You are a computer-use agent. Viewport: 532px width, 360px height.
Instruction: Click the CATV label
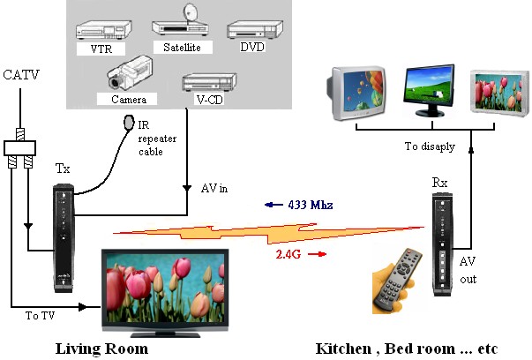coord(21,75)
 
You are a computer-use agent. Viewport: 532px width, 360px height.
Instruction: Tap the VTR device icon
coord(104,31)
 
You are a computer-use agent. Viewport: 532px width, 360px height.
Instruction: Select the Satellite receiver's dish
coord(190,13)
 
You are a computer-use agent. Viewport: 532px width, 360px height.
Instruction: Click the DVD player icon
coord(255,30)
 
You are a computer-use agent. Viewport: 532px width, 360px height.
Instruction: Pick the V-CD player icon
coord(209,82)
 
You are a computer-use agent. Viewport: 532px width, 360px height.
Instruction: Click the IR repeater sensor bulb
coord(129,123)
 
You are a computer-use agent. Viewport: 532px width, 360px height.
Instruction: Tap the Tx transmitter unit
coord(64,238)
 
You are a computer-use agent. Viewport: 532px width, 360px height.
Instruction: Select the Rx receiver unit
coord(442,244)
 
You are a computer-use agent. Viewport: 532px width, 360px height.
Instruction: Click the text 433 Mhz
coord(310,205)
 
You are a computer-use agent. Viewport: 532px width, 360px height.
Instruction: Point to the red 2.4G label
coord(288,254)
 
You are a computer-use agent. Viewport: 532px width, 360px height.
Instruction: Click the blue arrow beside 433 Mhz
coord(273,205)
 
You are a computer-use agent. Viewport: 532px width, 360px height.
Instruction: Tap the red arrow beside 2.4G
coord(317,254)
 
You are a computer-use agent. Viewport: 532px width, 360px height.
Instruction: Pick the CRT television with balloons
coord(356,94)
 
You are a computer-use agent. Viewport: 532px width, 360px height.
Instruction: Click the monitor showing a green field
coord(429,91)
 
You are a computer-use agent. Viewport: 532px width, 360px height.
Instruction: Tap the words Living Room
coord(101,349)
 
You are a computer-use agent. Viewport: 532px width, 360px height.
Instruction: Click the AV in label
coord(214,188)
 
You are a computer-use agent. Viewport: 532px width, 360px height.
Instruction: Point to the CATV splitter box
coord(19,148)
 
